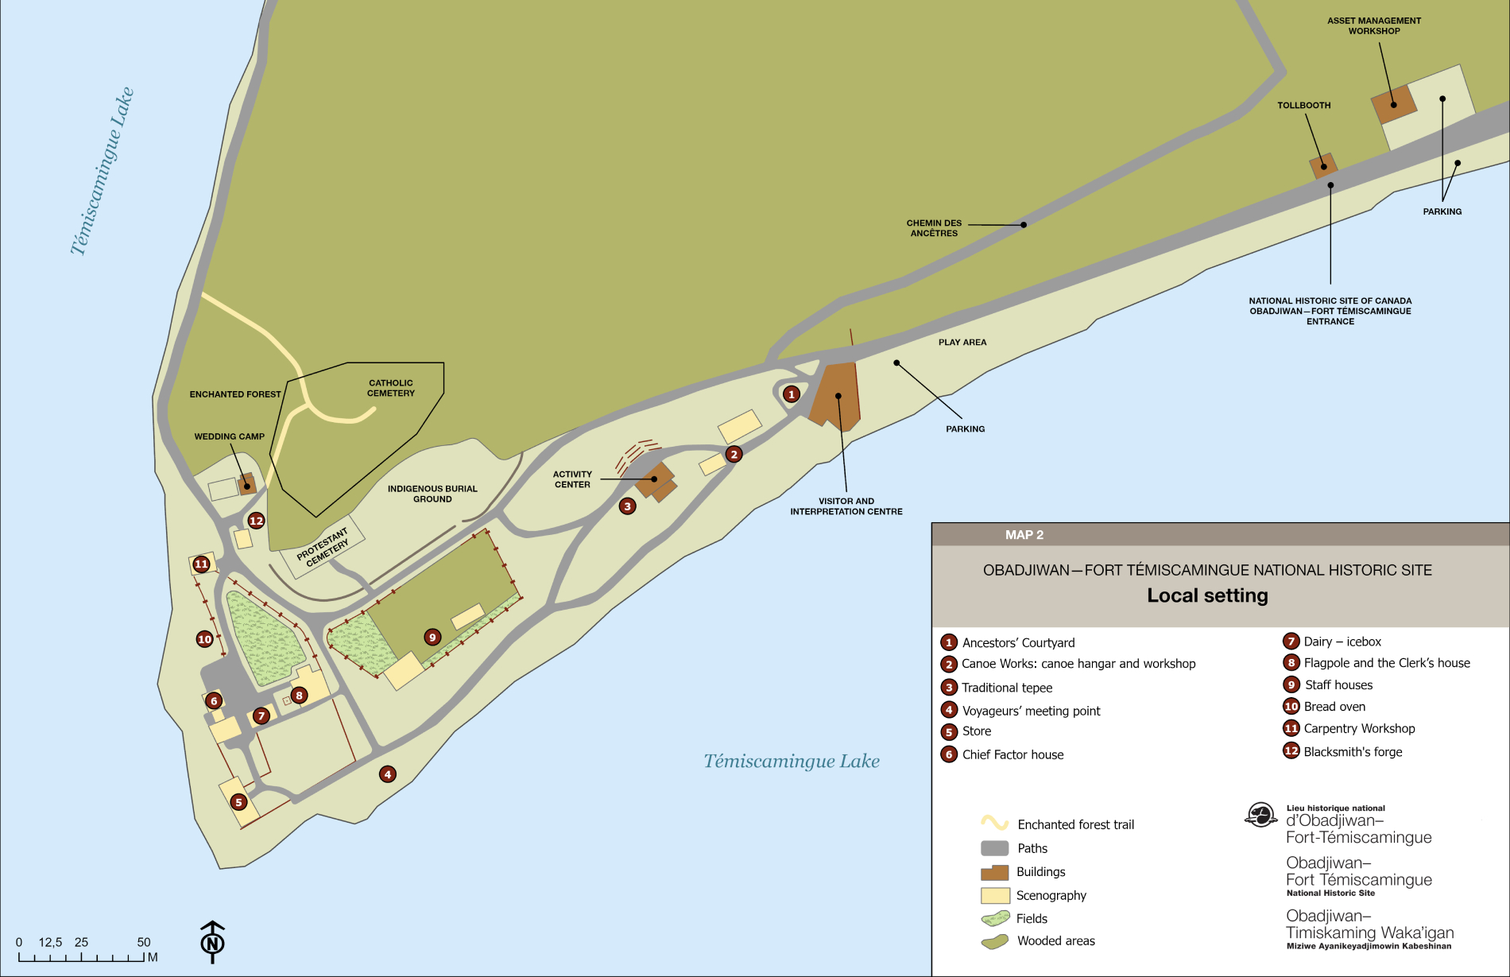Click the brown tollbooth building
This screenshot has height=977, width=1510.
point(1323,166)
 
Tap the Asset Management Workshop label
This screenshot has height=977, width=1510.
point(1374,26)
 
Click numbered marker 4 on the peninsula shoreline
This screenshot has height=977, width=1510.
point(388,774)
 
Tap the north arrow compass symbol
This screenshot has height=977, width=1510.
point(212,942)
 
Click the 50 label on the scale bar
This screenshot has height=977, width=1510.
point(144,942)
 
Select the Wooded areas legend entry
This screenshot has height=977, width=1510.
point(1055,941)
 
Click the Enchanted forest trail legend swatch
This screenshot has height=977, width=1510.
point(994,823)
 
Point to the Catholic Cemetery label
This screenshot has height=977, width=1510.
point(391,388)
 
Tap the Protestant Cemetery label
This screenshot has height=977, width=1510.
point(323,547)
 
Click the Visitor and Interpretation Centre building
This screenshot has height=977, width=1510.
point(835,397)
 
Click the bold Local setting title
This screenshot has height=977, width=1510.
point(1207,595)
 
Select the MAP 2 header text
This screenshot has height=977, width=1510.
point(1024,535)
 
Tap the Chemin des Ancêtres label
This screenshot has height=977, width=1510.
point(934,228)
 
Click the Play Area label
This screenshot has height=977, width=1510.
point(962,343)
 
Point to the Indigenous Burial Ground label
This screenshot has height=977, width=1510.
point(432,494)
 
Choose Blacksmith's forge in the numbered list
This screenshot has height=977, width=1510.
point(1353,752)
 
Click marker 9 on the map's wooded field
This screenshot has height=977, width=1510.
point(432,637)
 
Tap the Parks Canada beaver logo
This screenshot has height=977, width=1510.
point(1260,815)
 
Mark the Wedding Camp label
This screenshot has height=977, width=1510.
point(230,436)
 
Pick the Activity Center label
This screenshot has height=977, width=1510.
point(572,479)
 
